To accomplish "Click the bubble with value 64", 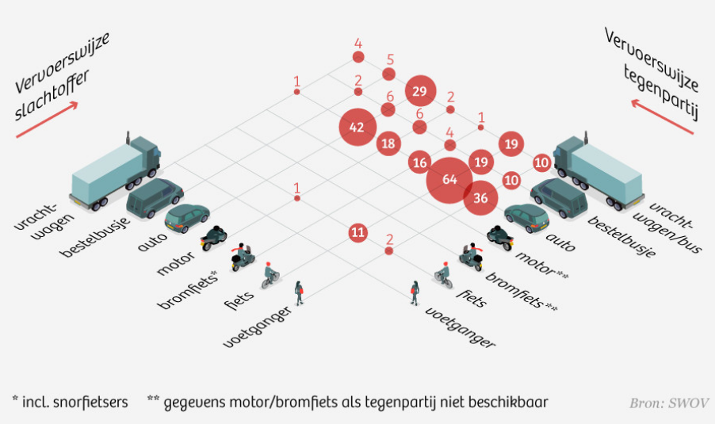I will [450, 180].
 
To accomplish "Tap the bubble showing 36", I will [480, 198].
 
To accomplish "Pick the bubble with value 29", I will [420, 91].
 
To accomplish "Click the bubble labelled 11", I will [358, 232].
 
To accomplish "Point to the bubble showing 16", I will [420, 162].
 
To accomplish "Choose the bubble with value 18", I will [388, 144].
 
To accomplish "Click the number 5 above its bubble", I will [389, 59].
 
